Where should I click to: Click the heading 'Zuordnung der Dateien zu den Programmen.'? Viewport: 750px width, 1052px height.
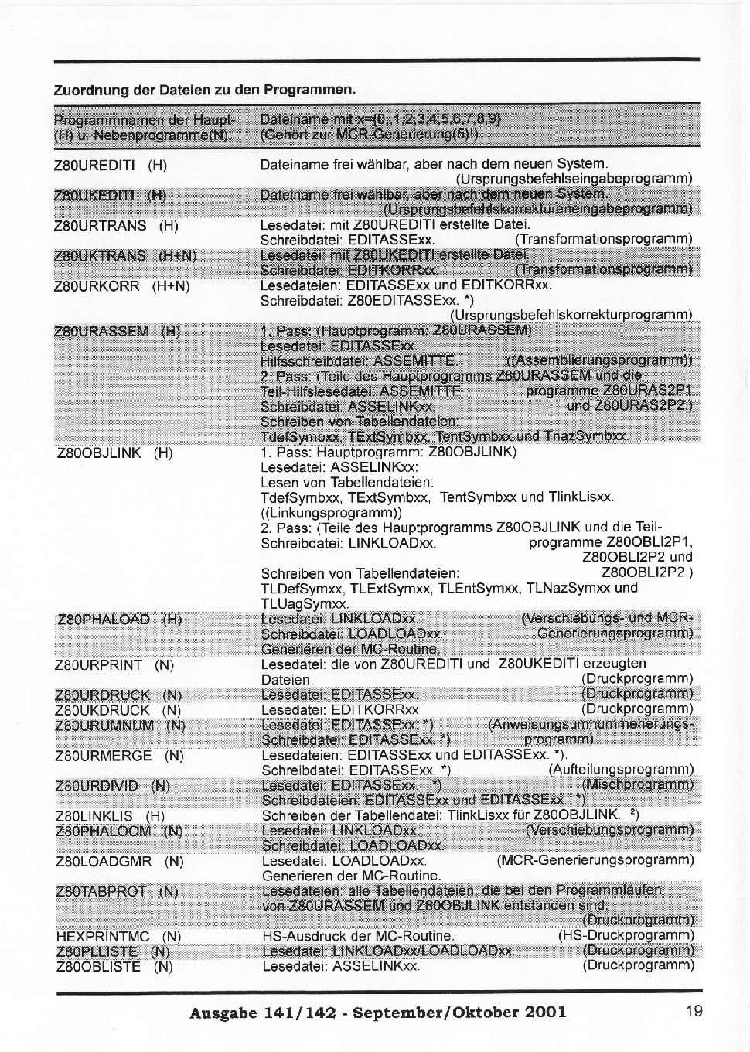point(204,89)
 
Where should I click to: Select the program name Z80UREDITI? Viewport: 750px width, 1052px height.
point(95,165)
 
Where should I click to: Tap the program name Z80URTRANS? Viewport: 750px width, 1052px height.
point(100,226)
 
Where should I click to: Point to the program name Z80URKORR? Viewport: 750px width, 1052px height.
point(97,286)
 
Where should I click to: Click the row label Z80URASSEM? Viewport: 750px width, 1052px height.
point(101,332)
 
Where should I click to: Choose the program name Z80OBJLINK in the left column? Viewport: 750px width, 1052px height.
point(100,453)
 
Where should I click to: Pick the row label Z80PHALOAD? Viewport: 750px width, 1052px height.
point(104,620)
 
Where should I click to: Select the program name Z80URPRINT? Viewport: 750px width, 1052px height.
point(99,665)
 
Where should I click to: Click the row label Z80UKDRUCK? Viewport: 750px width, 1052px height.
point(103,710)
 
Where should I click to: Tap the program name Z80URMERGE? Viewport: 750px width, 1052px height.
point(102,756)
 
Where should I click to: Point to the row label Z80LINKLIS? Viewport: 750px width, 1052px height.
point(95,816)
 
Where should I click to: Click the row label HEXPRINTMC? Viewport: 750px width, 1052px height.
point(104,937)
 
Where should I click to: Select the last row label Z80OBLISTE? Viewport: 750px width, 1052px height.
point(99,967)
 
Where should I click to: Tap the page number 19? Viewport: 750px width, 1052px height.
point(693,1010)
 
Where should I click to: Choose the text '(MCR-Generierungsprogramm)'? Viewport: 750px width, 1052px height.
point(595,860)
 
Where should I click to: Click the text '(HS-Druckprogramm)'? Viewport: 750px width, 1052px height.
point(626,936)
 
